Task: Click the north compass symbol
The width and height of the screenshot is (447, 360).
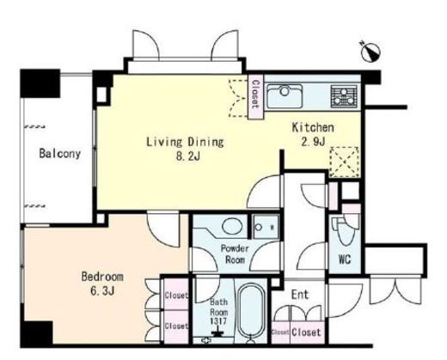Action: [370, 52]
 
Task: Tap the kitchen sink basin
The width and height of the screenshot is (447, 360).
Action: [285, 96]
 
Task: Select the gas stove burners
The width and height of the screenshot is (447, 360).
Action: [344, 96]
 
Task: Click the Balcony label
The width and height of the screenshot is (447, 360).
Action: [59, 153]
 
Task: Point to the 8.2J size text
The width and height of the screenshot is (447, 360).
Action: [188, 156]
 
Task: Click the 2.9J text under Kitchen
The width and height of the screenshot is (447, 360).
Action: [313, 141]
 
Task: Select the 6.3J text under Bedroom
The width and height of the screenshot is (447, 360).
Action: [102, 291]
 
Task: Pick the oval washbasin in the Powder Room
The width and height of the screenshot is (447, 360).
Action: [232, 226]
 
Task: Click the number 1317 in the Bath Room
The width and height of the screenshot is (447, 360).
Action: [218, 321]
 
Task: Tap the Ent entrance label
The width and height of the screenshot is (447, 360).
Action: [300, 294]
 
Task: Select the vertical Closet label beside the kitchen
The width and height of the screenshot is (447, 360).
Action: [255, 94]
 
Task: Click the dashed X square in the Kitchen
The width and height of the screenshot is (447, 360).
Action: [345, 162]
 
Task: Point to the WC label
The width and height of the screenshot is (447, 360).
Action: [345, 259]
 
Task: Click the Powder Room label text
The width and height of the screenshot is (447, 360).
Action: [235, 253]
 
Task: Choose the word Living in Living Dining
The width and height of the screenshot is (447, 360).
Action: [164, 143]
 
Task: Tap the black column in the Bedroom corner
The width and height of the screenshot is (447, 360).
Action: [37, 333]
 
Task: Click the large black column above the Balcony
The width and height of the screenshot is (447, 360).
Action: [40, 83]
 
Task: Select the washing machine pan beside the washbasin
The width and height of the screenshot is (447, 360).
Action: [266, 227]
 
